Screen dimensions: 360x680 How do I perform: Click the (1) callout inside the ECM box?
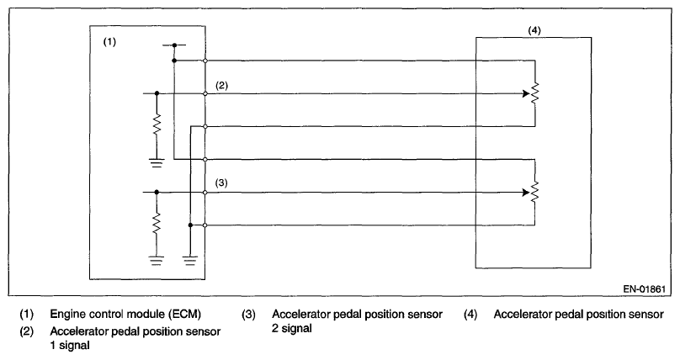point(109,40)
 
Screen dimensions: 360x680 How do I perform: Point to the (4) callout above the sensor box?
point(534,30)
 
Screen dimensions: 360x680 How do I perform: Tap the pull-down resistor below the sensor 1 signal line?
point(157,127)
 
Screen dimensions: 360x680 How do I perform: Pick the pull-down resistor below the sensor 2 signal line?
point(157,225)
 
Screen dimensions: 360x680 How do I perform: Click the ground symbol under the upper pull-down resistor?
point(157,163)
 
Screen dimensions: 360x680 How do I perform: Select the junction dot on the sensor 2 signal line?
point(157,192)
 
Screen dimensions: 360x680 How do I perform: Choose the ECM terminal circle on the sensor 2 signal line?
point(205,192)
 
